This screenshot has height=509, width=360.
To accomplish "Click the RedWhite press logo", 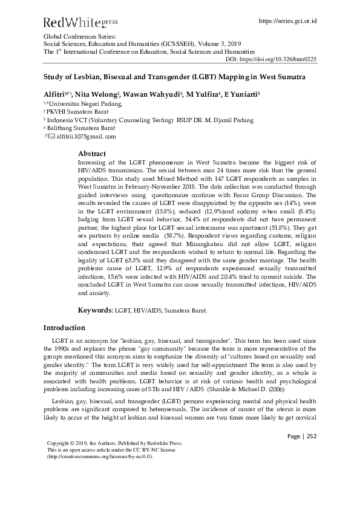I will (80, 22).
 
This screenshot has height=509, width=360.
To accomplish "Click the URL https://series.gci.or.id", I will (287, 21).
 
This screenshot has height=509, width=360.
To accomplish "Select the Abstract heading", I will (92, 154).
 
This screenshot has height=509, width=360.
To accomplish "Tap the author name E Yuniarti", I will (240, 95).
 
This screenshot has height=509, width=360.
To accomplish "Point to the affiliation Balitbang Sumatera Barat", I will (80, 128).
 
